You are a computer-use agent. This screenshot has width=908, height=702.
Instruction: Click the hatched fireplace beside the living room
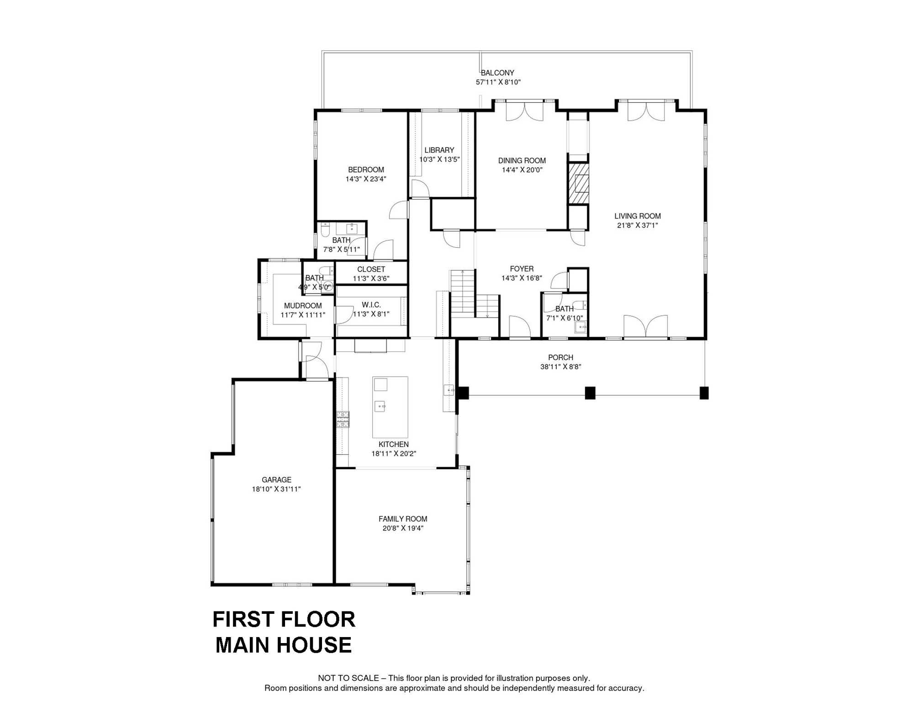578,183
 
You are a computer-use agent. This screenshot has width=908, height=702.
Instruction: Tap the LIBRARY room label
439,150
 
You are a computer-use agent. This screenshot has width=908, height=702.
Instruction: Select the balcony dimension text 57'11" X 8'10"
498,82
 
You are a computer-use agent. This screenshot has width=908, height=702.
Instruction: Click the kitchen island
390,407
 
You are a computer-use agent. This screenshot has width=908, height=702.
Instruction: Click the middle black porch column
590,393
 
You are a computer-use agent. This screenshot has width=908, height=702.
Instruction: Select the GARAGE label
276,479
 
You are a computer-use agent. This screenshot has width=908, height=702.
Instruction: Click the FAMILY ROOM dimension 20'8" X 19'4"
403,528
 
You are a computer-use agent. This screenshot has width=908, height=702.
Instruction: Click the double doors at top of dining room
524,111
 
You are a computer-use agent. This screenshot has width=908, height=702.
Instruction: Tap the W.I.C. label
371,305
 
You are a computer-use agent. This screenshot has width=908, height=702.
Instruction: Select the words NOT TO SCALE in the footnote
348,678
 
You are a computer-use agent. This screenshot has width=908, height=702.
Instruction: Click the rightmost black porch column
704,393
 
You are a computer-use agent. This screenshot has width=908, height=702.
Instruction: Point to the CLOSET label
371,269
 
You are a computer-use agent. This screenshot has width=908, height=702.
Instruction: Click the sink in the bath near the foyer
580,327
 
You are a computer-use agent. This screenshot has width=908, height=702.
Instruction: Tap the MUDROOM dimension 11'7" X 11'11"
303,315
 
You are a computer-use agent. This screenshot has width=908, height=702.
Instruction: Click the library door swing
419,188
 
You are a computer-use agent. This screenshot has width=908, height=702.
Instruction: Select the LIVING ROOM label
637,216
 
